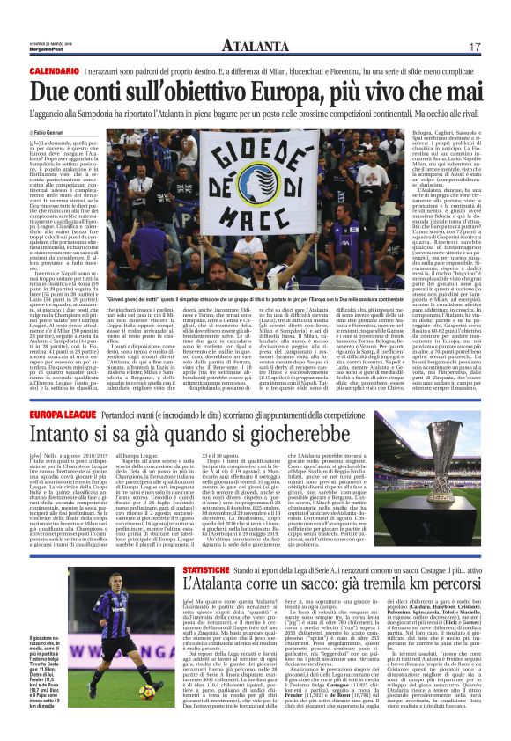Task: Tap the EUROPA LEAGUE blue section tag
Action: pyautogui.click(x=66, y=411)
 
